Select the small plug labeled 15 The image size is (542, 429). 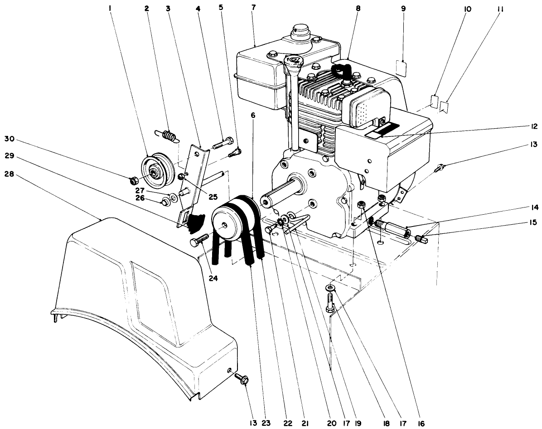(x=420, y=237)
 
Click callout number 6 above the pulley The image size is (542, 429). (x=253, y=116)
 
